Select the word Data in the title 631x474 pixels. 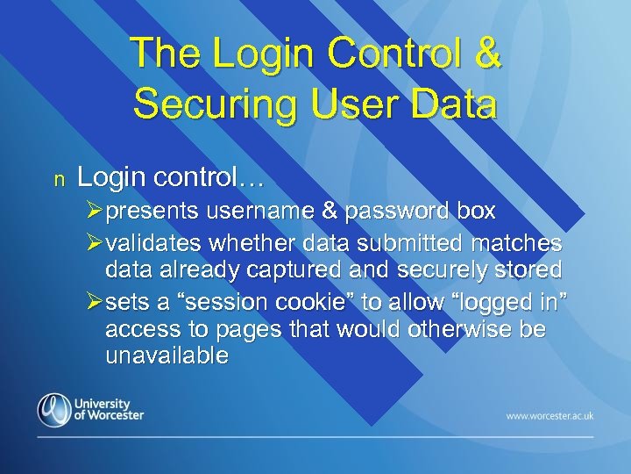[x=454, y=104]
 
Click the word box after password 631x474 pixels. [x=477, y=212]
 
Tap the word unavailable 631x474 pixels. [x=167, y=355]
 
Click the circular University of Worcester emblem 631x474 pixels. [x=54, y=410]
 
